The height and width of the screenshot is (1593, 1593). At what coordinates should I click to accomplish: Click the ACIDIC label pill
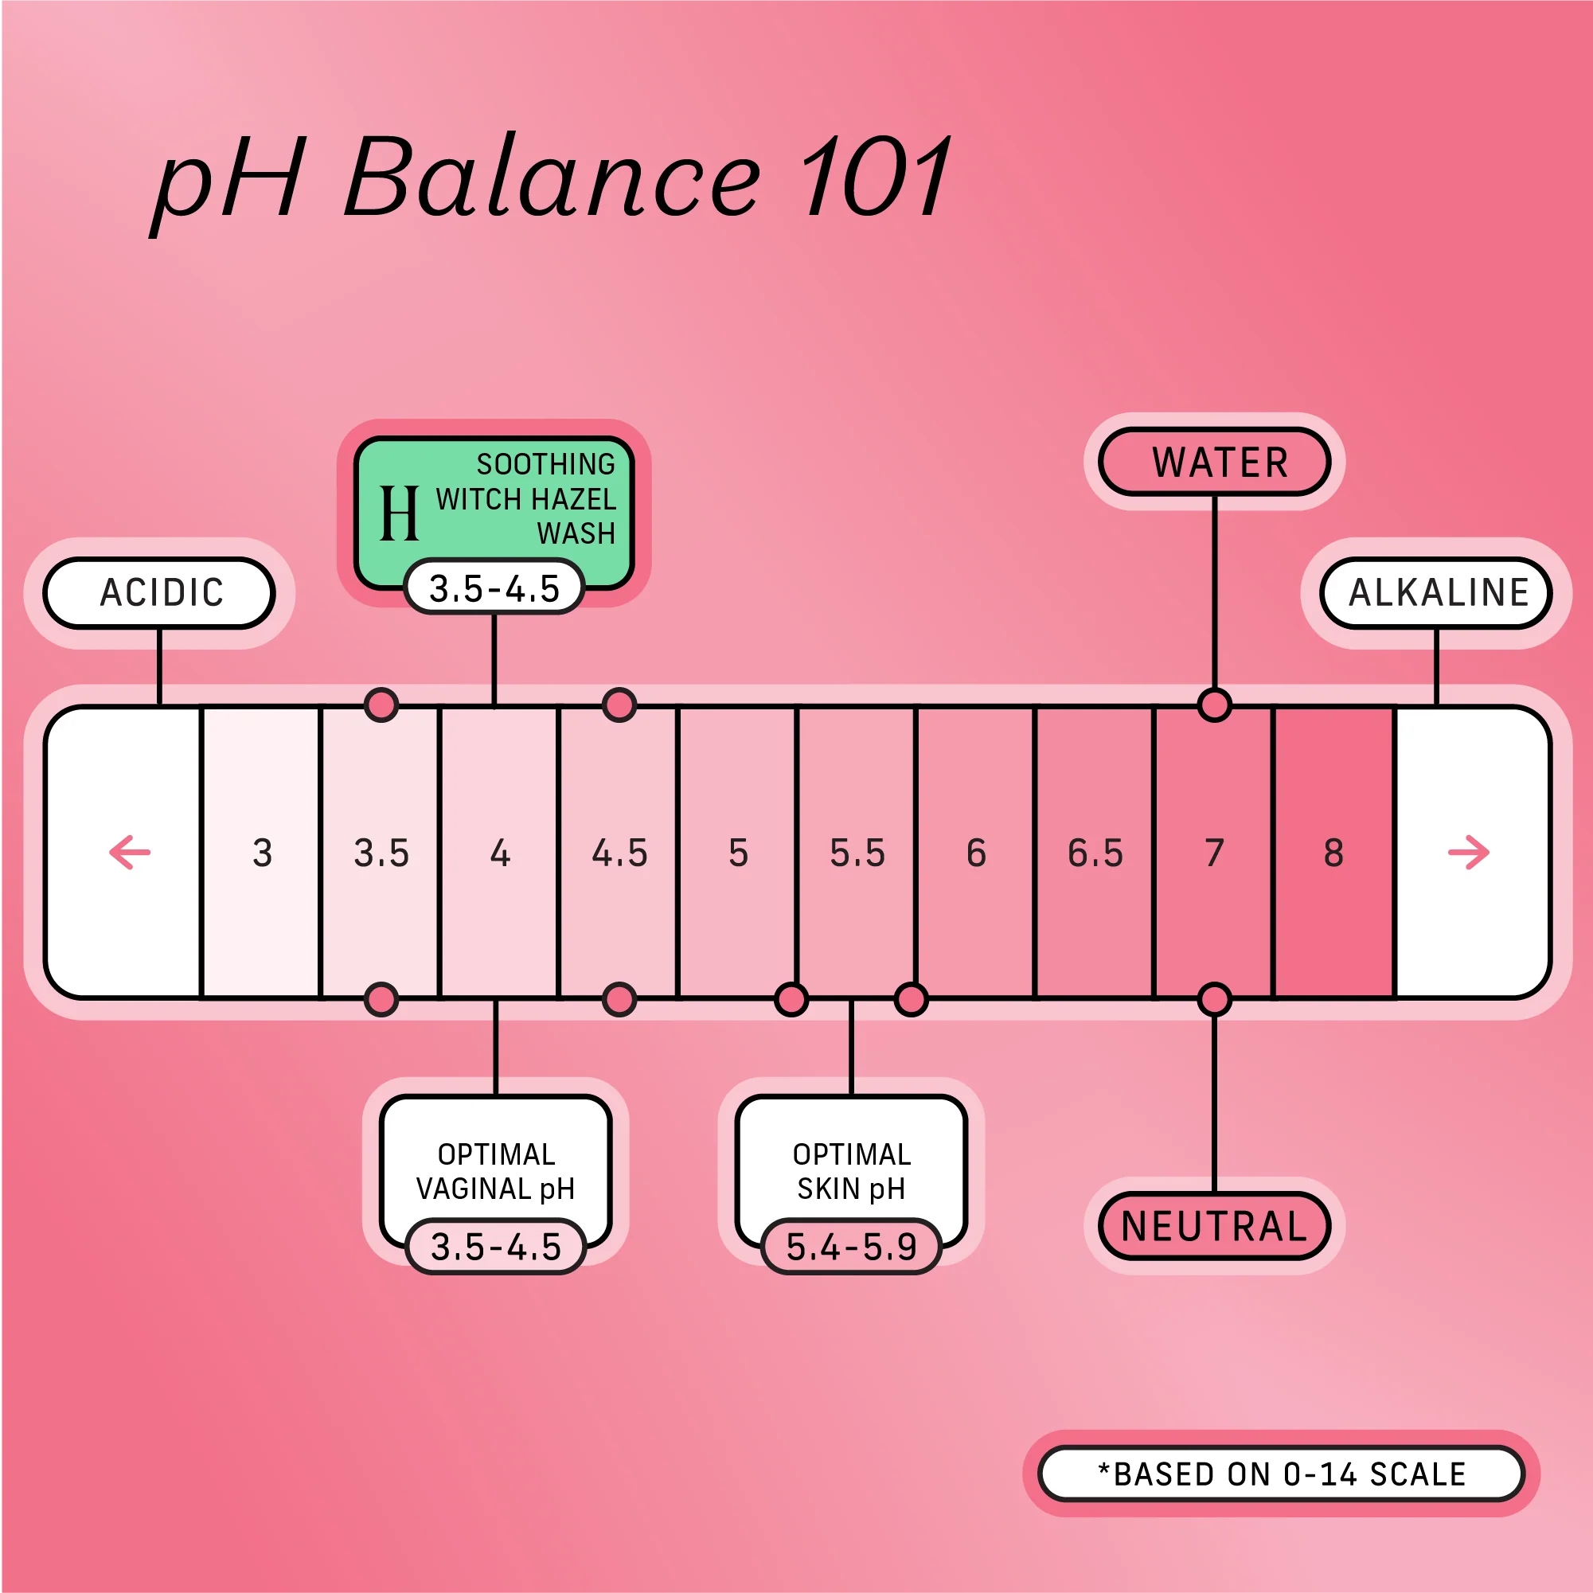click(160, 593)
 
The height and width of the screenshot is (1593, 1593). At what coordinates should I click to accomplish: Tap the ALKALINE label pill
click(1435, 593)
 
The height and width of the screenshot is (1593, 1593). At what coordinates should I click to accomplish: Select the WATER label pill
click(1215, 462)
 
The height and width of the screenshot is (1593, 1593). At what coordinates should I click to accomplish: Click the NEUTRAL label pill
click(1215, 1226)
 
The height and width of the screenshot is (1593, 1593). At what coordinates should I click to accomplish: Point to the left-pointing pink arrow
click(131, 853)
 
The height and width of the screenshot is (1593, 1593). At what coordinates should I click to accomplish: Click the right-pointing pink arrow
click(1469, 853)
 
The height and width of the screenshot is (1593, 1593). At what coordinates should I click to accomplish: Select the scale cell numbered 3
click(262, 853)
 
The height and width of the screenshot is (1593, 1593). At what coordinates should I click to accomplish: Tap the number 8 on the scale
click(1333, 853)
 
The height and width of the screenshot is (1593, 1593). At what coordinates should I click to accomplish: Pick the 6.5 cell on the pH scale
click(1095, 853)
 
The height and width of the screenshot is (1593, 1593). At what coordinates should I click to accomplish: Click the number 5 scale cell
click(738, 853)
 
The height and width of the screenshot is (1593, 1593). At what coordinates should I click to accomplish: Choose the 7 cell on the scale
click(1214, 853)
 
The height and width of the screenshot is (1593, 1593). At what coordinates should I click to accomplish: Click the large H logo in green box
click(400, 513)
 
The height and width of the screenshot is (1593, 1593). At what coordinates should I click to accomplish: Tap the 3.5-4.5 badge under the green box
click(494, 588)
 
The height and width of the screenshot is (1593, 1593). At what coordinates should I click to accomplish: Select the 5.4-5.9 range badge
click(851, 1247)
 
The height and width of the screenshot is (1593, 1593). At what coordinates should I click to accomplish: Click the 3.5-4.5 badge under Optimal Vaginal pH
click(495, 1247)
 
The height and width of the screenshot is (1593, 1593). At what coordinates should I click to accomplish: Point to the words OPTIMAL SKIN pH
click(851, 1171)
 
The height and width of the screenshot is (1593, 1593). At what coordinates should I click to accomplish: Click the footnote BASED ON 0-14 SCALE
click(1282, 1474)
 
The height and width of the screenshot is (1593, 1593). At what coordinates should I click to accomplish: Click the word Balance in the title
click(552, 178)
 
